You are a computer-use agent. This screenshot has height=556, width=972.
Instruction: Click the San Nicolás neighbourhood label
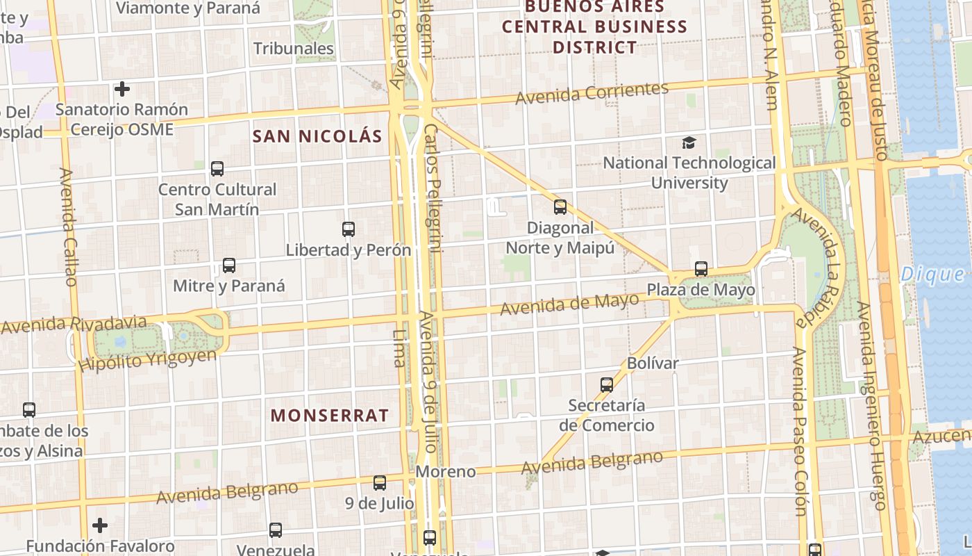317,136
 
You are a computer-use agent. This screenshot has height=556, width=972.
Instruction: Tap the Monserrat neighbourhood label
330,416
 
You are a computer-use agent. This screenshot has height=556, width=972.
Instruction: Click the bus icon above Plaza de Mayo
701,269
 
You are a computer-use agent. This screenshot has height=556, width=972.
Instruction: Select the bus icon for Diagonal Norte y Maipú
560,206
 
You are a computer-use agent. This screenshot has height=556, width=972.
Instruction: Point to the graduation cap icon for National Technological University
689,142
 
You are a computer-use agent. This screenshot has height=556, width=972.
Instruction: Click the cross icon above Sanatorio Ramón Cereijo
122,89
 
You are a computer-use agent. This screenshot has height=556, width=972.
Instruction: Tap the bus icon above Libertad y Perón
349,229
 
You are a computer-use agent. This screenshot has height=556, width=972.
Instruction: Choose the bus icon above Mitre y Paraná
229,265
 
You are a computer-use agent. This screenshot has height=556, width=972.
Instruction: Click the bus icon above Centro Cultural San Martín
217,168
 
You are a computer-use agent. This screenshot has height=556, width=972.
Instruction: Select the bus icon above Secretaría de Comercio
607,384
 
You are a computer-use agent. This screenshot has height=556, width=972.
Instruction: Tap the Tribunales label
294,49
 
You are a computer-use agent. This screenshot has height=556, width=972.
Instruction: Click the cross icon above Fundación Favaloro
100,525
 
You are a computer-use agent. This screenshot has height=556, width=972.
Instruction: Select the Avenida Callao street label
68,227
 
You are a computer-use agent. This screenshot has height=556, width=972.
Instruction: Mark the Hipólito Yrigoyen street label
148,360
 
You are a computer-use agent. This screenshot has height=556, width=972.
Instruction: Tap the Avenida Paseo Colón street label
800,431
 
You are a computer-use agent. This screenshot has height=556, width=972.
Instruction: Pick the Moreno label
446,472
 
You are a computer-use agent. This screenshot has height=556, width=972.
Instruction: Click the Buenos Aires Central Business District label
594,27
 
